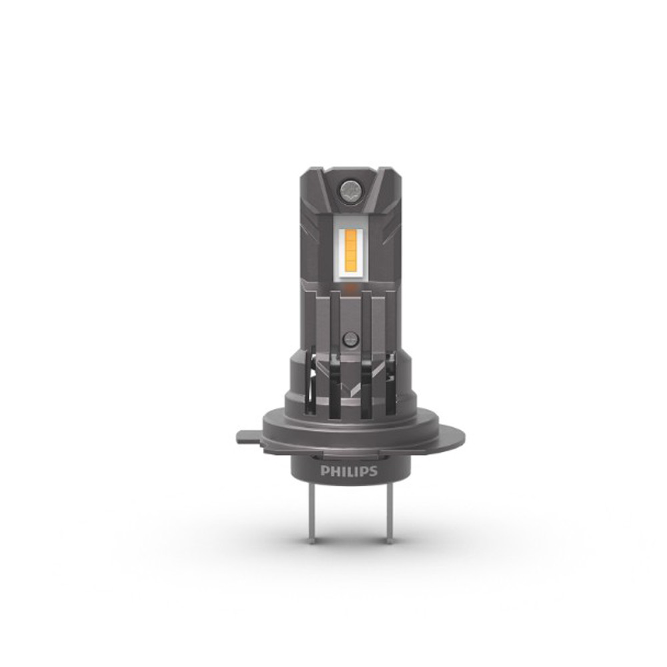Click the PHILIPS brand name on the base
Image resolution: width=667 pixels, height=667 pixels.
pyautogui.click(x=349, y=472)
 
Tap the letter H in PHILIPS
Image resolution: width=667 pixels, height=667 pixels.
pyautogui.click(x=334, y=472)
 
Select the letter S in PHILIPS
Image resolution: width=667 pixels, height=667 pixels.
pyautogui.click(x=373, y=472)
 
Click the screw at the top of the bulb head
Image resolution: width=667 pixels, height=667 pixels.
pyautogui.click(x=350, y=189)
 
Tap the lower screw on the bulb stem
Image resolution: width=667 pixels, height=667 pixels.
pyautogui.click(x=351, y=340)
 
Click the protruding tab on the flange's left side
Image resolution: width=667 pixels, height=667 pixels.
pyautogui.click(x=250, y=438)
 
